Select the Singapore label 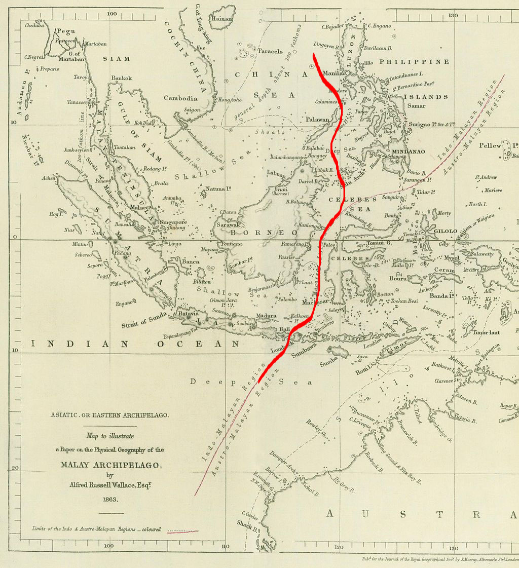173,222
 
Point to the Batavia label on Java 188,314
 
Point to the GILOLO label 446,231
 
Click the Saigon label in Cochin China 192,110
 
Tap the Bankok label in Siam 122,78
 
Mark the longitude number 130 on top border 453,15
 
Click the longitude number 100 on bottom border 108,546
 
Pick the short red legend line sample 182,531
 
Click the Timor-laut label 487,332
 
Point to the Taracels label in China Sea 270,51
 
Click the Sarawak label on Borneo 228,224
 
